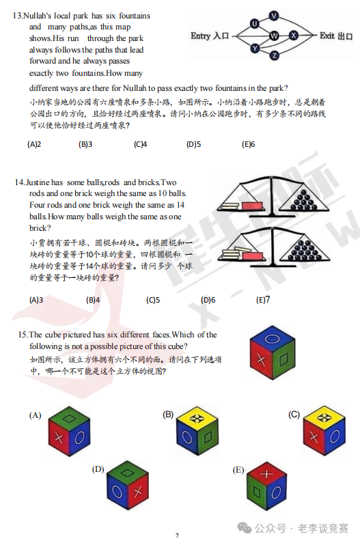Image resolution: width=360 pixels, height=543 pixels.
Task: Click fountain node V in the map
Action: [274, 15]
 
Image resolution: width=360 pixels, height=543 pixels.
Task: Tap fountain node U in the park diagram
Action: [254, 24]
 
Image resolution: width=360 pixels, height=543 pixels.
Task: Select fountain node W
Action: [274, 35]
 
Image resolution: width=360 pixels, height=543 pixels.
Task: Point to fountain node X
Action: [294, 35]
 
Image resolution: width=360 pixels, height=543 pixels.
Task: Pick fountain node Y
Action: [254, 48]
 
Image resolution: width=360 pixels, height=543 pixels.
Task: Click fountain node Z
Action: [274, 55]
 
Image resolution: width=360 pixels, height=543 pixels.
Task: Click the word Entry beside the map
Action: [201, 36]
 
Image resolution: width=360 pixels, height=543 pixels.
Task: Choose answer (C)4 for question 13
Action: [140, 144]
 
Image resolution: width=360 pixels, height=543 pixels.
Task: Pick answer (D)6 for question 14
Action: [208, 300]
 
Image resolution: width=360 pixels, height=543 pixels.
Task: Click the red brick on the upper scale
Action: [252, 204]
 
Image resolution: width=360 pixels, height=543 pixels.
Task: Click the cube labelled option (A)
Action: [69, 433]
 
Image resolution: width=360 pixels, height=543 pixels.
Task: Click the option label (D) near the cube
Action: [98, 469]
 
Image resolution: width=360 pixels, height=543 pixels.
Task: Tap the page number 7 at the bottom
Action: [177, 535]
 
